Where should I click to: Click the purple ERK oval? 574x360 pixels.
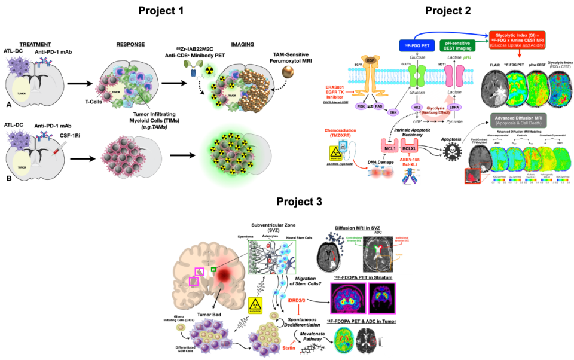393,112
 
